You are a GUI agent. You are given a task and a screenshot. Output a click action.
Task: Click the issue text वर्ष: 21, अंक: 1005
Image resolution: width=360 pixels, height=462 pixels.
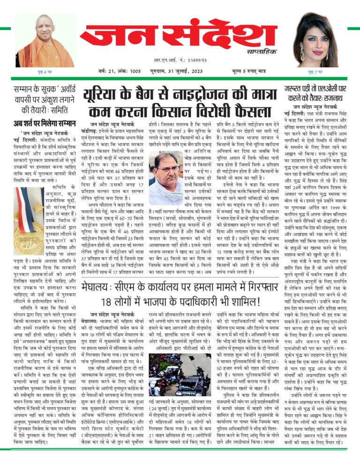(x=119, y=71)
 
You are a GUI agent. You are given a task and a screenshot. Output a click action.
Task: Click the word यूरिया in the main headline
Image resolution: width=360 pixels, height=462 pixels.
(x=101, y=93)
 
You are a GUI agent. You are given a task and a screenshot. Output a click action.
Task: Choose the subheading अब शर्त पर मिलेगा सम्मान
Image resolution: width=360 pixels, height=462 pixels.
(x=45, y=124)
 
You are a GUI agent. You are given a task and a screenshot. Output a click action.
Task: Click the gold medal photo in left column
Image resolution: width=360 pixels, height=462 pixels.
(x=30, y=215)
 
